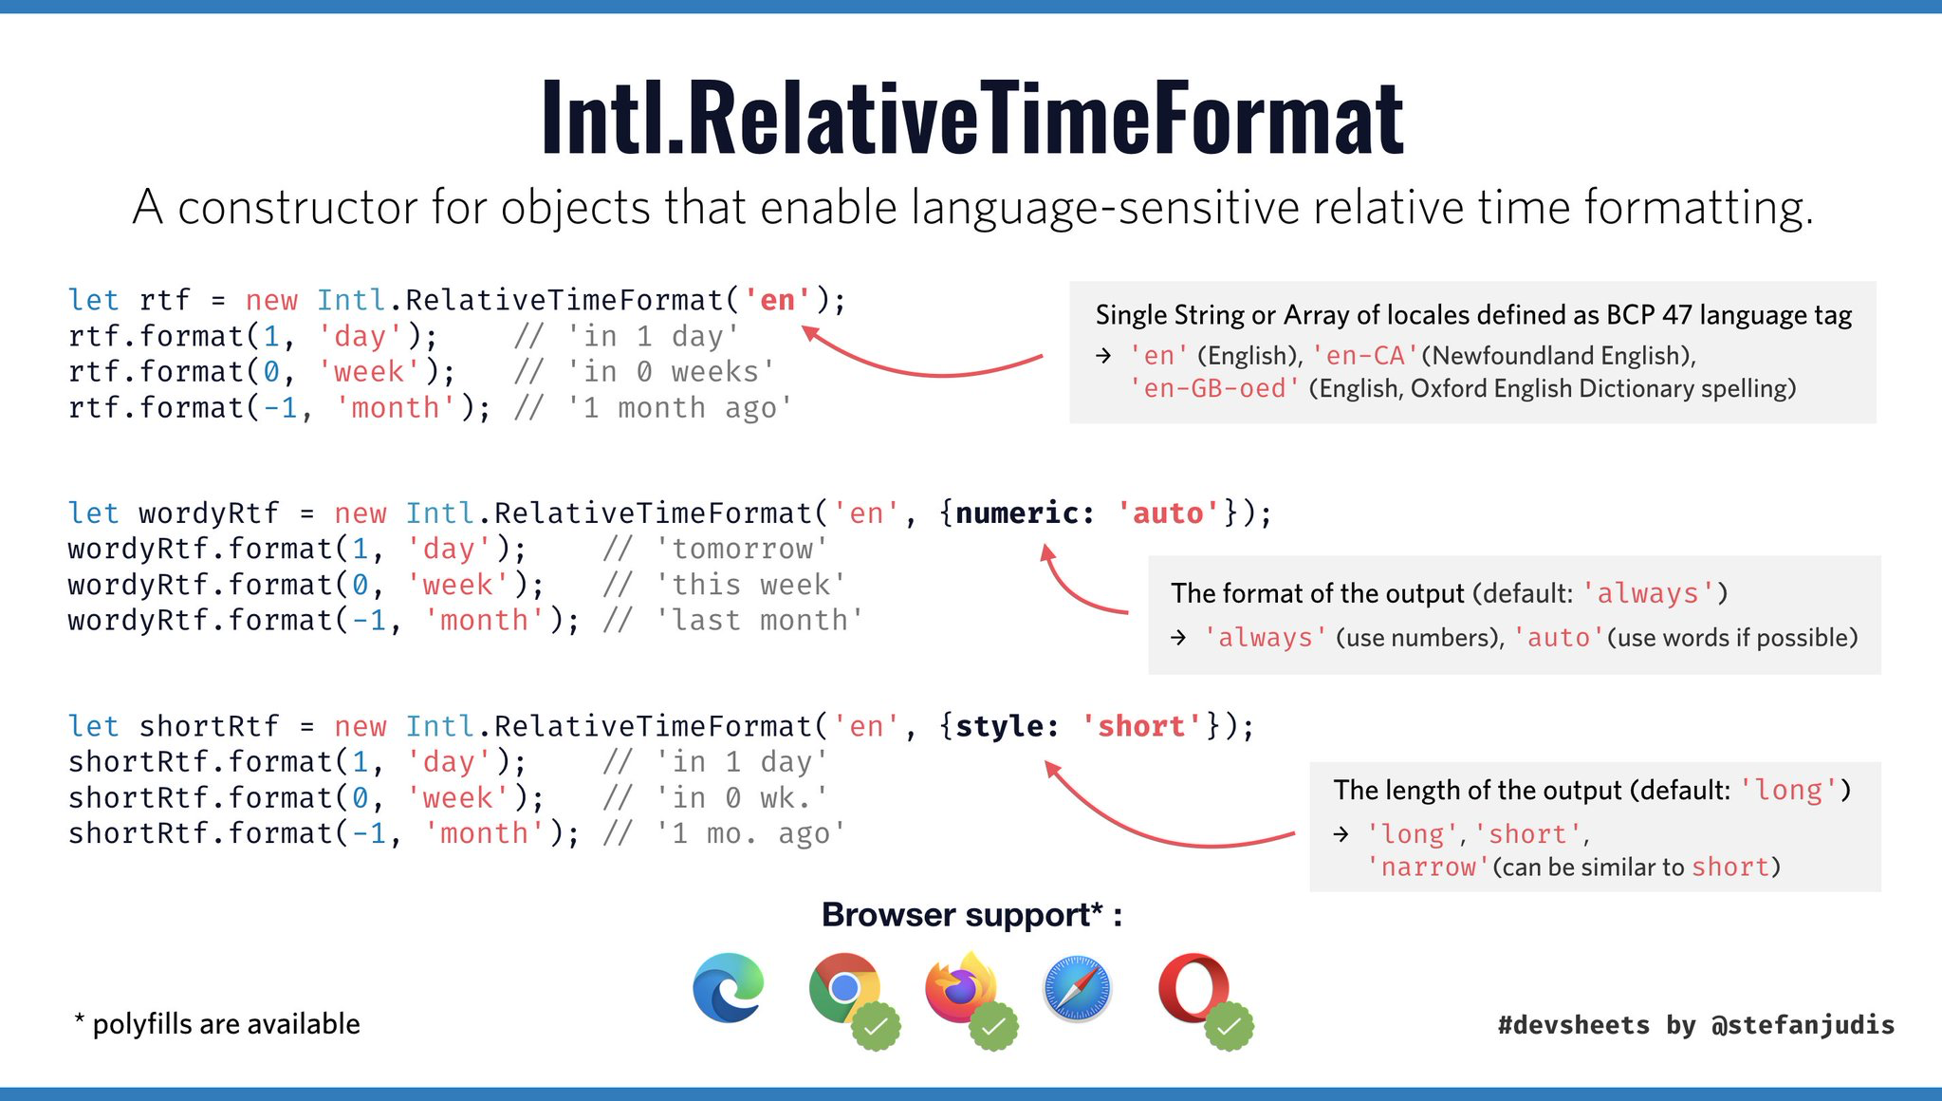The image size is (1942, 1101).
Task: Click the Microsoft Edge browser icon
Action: [729, 987]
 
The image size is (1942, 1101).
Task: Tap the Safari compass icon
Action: [1077, 989]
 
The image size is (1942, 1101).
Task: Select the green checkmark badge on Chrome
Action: [876, 1026]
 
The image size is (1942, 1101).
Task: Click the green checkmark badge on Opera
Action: [1229, 1026]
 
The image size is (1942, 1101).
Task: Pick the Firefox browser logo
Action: [960, 987]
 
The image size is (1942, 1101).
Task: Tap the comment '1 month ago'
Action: [679, 408]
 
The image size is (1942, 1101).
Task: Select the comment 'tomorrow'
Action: [742, 549]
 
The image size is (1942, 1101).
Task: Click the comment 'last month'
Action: [759, 621]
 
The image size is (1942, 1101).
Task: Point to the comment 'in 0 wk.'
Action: [742, 798]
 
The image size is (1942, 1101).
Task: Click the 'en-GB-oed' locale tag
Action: [1214, 388]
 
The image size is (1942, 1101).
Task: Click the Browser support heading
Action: [971, 915]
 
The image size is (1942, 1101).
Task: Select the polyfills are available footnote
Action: [216, 1023]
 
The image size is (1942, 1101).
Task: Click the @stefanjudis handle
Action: [1803, 1025]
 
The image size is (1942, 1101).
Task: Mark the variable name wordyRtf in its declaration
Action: [209, 513]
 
